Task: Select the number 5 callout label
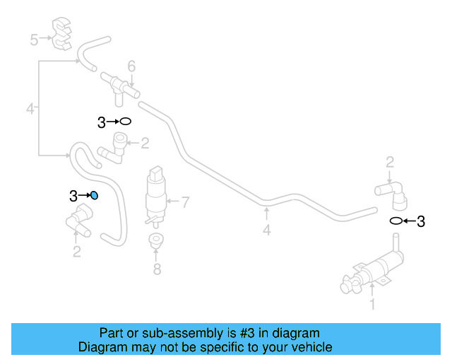tap(34, 40)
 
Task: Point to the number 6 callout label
tap(131, 66)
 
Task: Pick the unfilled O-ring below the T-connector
tap(125, 122)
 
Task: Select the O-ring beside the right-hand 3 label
tap(397, 221)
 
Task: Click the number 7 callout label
tap(186, 203)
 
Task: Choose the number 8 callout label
tap(157, 269)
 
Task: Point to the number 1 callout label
tap(372, 305)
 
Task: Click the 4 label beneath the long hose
tap(266, 230)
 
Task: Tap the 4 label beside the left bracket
tap(30, 109)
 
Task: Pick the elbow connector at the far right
tap(393, 192)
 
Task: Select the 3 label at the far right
tap(421, 221)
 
